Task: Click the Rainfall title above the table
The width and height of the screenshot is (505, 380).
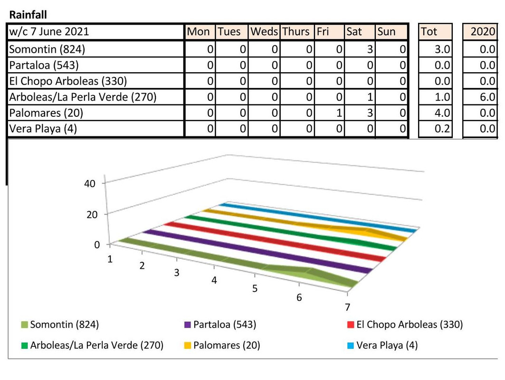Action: [28, 15]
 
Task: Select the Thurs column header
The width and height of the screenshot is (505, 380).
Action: [295, 31]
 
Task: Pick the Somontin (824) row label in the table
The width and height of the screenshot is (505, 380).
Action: [47, 49]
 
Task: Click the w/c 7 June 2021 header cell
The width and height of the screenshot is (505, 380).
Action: [49, 31]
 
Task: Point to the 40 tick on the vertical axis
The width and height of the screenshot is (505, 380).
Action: [89, 183]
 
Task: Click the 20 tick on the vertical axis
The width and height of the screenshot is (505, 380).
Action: [92, 215]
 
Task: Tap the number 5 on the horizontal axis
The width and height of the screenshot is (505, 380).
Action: [255, 288]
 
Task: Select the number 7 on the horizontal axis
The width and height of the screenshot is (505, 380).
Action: [347, 307]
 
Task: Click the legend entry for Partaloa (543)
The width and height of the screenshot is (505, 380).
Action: [220, 324]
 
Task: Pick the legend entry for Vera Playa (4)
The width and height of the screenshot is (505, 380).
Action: [382, 345]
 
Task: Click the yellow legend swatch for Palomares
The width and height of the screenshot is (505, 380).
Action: [188, 345]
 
